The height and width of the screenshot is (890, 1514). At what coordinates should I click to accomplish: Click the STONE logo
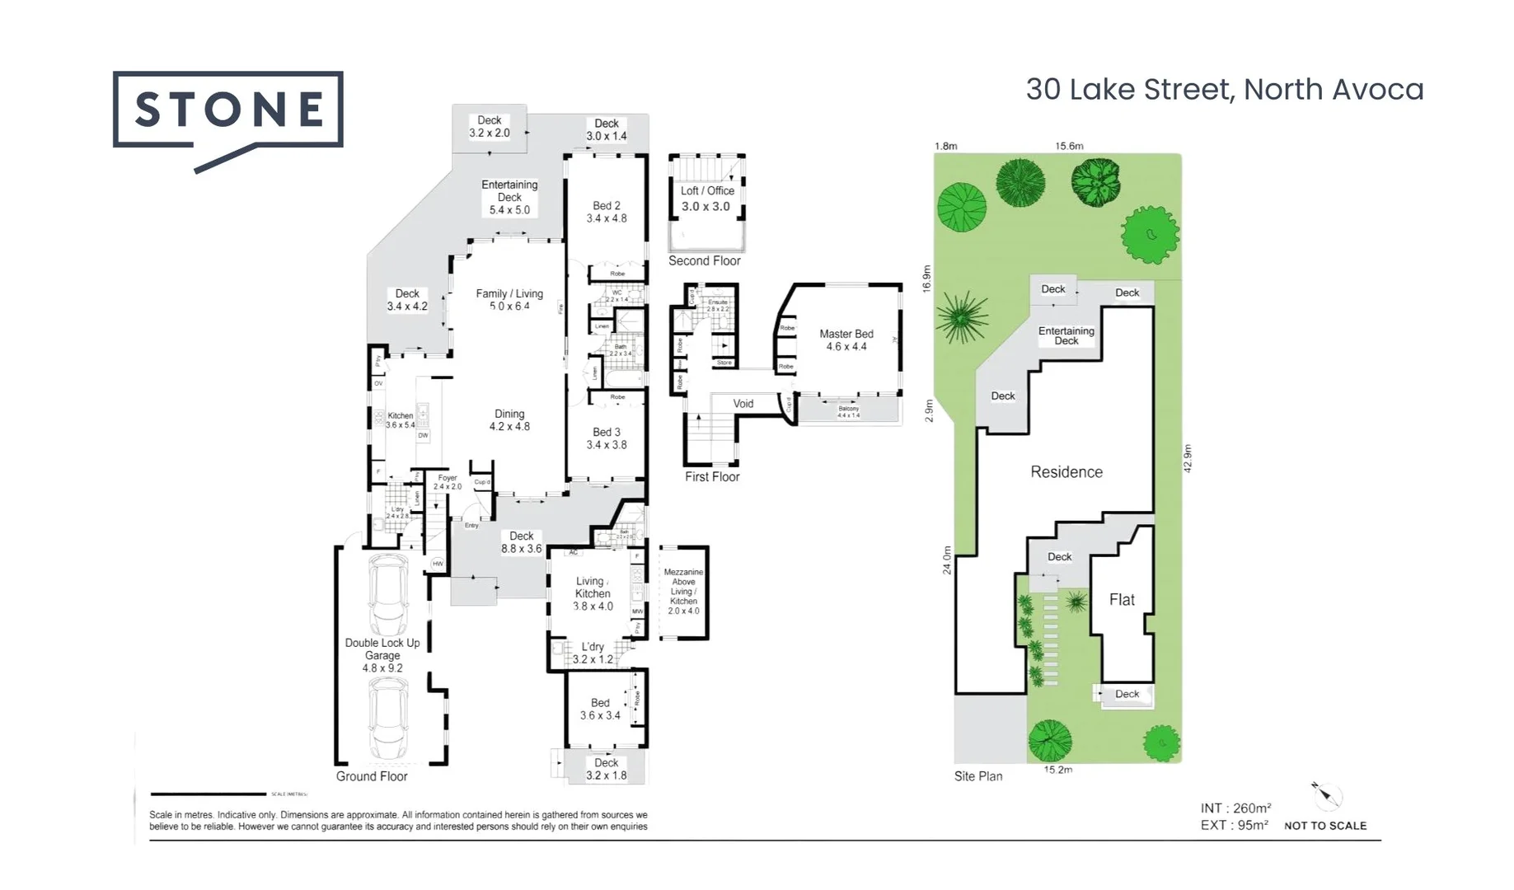pyautogui.click(x=227, y=110)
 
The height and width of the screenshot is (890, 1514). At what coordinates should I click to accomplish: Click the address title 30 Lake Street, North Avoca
pyautogui.click(x=1224, y=90)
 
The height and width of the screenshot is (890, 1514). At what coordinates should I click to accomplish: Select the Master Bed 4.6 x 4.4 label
pyautogui.click(x=846, y=340)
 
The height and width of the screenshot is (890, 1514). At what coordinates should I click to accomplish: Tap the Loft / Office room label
pyautogui.click(x=706, y=199)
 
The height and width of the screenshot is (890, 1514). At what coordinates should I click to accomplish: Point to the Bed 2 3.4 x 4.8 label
pyautogui.click(x=607, y=212)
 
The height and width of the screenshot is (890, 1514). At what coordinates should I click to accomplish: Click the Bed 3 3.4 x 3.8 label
pyautogui.click(x=607, y=438)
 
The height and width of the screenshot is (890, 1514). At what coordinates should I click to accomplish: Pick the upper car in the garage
pyautogui.click(x=388, y=593)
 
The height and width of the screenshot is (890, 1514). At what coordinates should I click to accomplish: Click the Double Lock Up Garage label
pyautogui.click(x=382, y=655)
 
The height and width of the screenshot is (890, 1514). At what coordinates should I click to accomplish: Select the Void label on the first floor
pyautogui.click(x=743, y=404)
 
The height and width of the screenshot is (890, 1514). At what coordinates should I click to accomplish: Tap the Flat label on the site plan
pyautogui.click(x=1122, y=600)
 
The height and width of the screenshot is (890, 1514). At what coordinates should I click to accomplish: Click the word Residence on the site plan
pyautogui.click(x=1066, y=472)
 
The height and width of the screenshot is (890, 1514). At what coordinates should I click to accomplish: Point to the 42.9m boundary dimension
pyautogui.click(x=1188, y=458)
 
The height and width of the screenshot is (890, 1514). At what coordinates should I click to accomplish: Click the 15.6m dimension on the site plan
pyautogui.click(x=1069, y=146)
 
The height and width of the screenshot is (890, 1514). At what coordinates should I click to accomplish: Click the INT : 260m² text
pyautogui.click(x=1235, y=808)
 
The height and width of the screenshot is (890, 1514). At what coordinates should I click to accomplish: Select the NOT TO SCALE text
pyautogui.click(x=1324, y=826)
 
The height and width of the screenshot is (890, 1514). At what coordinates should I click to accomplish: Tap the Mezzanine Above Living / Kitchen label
pyautogui.click(x=683, y=591)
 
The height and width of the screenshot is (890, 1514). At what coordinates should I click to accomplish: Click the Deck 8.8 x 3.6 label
pyautogui.click(x=521, y=542)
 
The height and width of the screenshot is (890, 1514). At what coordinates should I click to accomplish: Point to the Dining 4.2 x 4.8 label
pyautogui.click(x=509, y=420)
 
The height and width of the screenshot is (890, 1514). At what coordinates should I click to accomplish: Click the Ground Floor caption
pyautogui.click(x=372, y=776)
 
